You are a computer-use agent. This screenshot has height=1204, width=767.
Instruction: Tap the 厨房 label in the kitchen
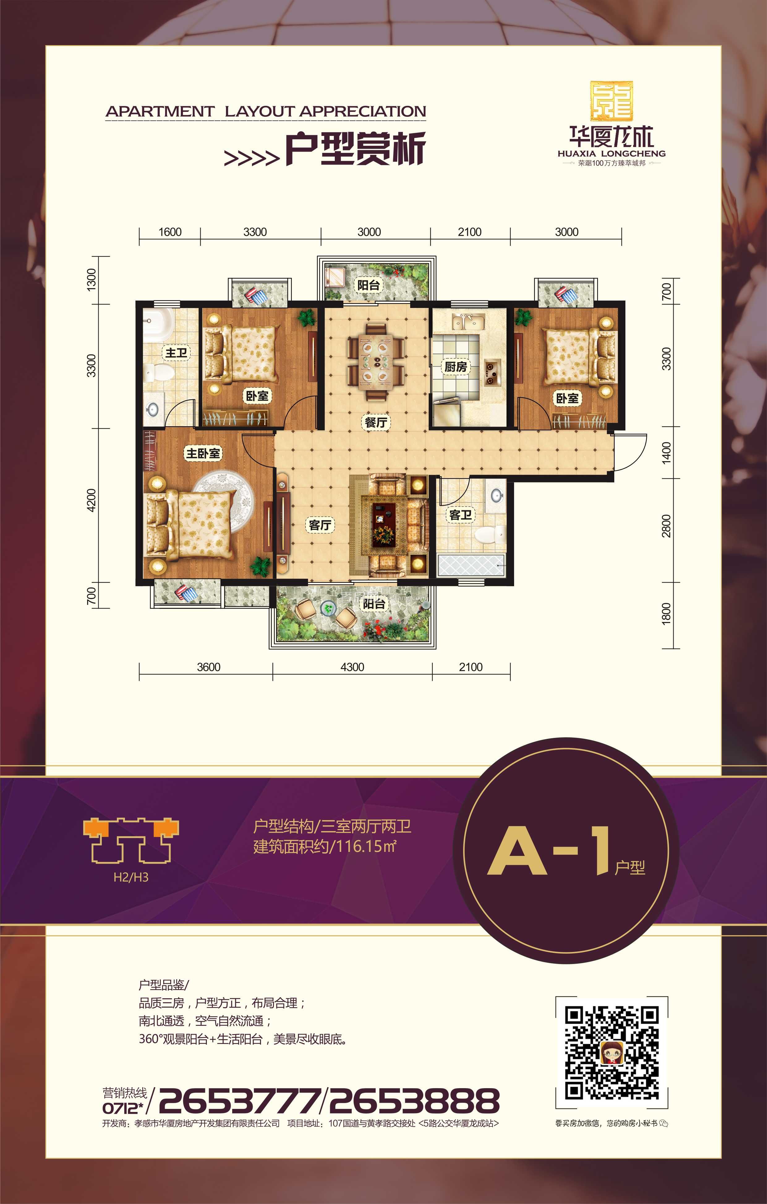coord(455,367)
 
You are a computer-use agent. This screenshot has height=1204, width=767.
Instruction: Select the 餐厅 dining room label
coord(376,423)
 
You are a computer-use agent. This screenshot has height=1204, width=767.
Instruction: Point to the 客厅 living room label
coord(320,525)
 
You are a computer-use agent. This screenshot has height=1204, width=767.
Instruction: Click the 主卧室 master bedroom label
coord(203,453)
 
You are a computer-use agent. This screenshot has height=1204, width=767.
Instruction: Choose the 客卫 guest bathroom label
coord(460,515)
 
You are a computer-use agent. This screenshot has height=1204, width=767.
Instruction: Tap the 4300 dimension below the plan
coord(352,667)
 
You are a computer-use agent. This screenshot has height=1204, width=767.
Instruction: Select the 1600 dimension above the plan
coord(170,232)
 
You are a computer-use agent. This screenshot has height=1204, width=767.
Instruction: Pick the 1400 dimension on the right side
coord(667,453)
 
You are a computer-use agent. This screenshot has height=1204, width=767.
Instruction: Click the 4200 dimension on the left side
coord(91,500)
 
